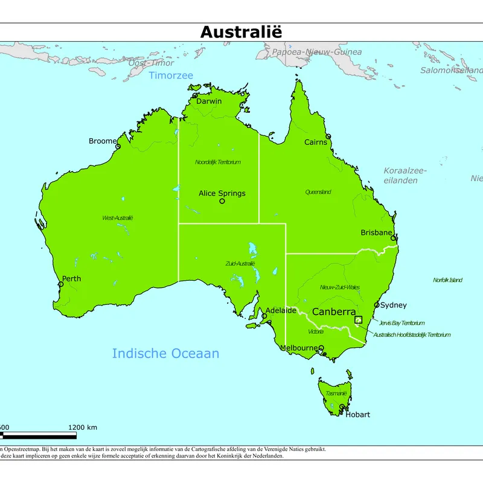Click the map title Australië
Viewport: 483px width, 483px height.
click(241, 32)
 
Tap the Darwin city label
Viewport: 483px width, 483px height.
click(208, 101)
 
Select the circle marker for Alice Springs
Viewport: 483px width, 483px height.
click(222, 201)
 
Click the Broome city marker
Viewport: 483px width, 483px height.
click(118, 146)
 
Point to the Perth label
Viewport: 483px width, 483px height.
click(71, 279)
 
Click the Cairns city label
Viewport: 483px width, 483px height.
click(315, 142)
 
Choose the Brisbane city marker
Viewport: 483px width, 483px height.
click(394, 238)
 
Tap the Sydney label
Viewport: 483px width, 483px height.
click(393, 305)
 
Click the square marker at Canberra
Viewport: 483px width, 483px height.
click(358, 320)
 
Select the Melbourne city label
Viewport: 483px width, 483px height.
click(298, 348)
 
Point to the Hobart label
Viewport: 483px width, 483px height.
click(357, 415)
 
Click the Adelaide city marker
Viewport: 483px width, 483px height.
click(264, 316)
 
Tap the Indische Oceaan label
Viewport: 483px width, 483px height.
click(165, 354)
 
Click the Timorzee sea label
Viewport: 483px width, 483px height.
click(171, 75)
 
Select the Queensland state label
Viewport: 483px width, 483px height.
click(318, 192)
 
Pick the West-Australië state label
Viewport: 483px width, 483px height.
click(117, 218)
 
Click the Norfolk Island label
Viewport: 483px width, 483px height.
click(447, 280)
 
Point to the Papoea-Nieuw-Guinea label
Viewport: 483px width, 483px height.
click(324, 52)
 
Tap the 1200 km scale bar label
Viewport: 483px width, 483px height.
click(83, 427)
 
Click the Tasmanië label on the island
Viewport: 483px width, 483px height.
click(336, 394)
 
